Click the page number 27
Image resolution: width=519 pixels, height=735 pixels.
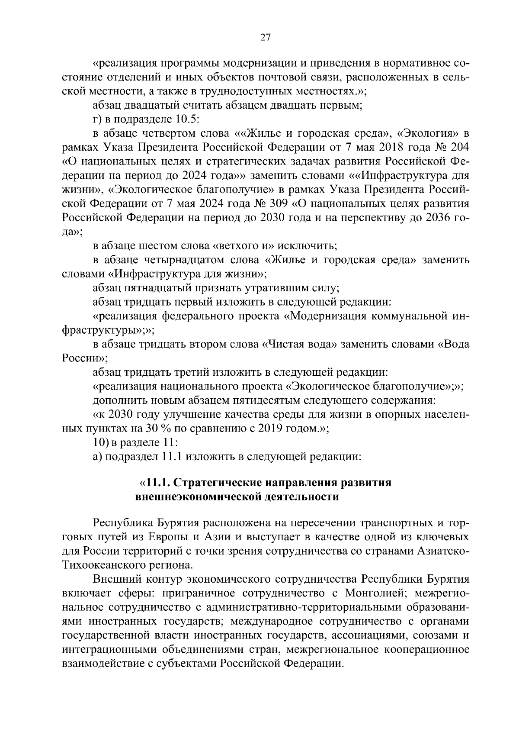tap(265, 38)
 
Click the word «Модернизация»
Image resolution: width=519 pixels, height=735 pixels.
tap(321, 316)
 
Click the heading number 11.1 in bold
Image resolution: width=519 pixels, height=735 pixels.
tap(160, 483)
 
